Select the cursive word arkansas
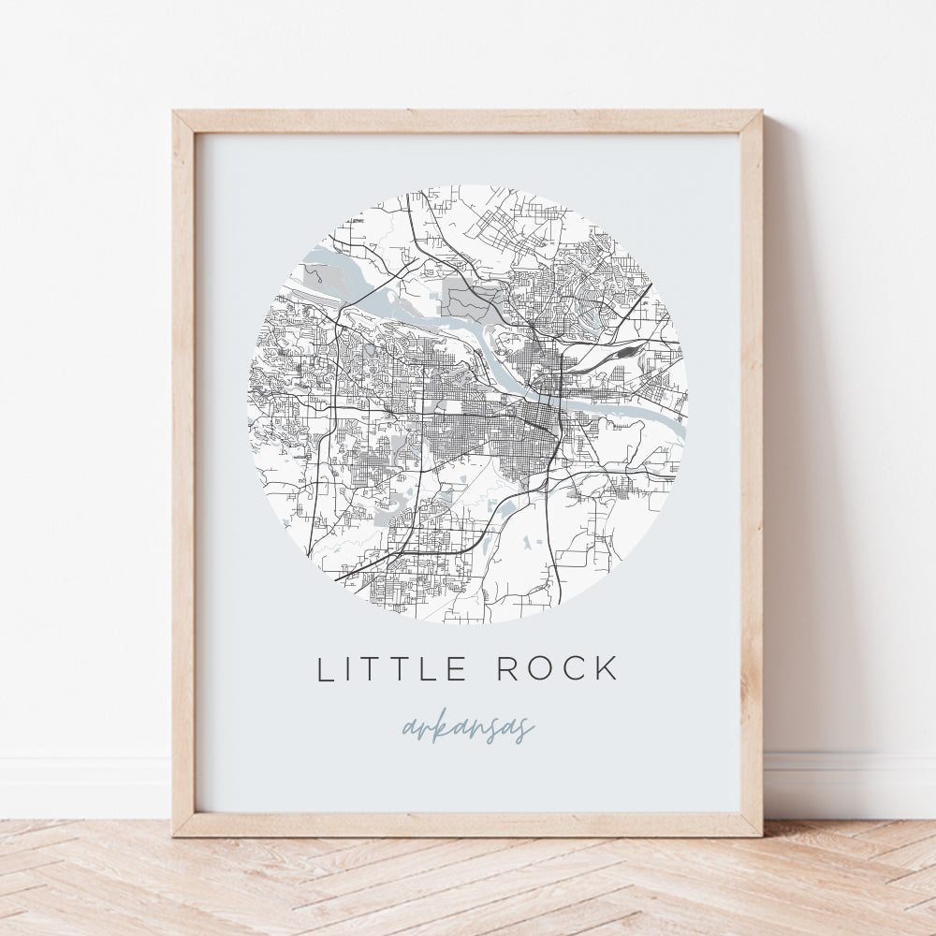(x=468, y=728)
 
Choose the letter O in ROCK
(x=540, y=669)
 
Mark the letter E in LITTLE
(x=457, y=669)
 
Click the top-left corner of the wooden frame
(x=174, y=112)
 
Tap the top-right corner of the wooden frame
(x=760, y=112)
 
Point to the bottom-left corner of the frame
(x=174, y=834)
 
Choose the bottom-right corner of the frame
(x=760, y=834)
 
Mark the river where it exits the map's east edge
(x=678, y=425)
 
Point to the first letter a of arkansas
(x=408, y=729)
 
